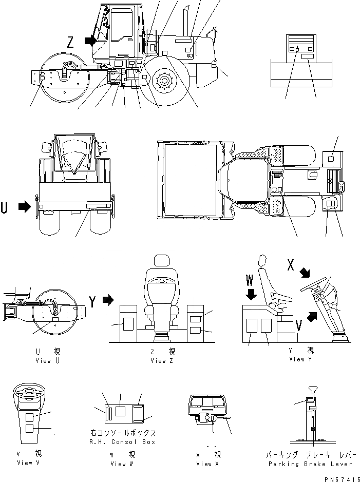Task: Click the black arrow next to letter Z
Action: [90, 40]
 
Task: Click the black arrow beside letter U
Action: [24, 207]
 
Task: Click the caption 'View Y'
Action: [297, 359]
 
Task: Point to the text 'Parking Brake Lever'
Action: [309, 464]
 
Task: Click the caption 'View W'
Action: [122, 464]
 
